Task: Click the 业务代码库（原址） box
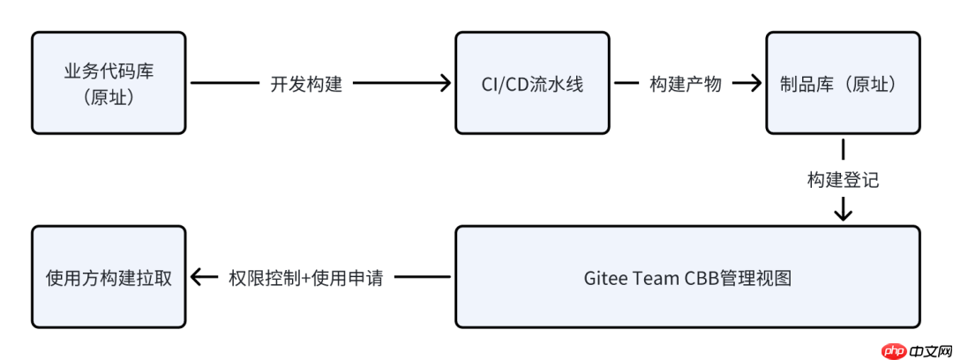(x=109, y=83)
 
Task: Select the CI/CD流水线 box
(x=532, y=83)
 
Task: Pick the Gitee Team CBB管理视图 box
(x=687, y=277)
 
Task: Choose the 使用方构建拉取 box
(x=109, y=277)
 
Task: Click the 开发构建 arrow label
(x=306, y=84)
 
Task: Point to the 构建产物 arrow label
(x=686, y=84)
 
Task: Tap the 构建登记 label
(x=843, y=180)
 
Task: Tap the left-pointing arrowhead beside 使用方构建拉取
(x=199, y=277)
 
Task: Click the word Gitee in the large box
(x=604, y=278)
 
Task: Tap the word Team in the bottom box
(x=654, y=278)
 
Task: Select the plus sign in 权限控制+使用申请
(x=303, y=278)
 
